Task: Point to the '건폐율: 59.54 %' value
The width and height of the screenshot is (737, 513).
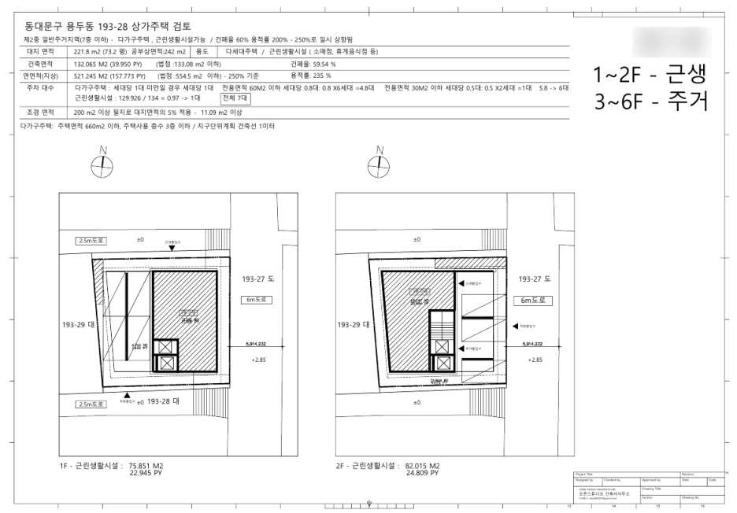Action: (x=313, y=64)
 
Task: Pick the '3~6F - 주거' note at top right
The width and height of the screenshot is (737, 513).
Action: (x=647, y=100)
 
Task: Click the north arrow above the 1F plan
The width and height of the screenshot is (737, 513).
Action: (x=102, y=165)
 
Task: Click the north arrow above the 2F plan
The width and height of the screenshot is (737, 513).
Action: (x=380, y=165)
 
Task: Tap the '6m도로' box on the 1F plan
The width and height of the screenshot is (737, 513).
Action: (x=257, y=300)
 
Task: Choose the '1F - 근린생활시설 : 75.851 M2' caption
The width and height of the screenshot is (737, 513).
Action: (x=117, y=466)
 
